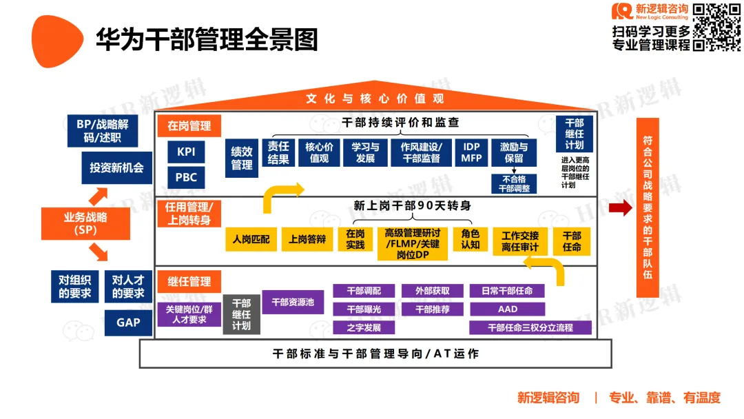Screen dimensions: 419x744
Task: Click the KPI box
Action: [x=186, y=152]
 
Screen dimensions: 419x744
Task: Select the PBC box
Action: [x=186, y=177]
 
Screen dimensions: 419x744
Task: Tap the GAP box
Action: [x=128, y=323]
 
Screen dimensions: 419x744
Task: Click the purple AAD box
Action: [x=507, y=309]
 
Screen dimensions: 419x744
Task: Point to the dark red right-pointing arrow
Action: [x=620, y=208]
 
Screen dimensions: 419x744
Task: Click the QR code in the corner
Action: [x=716, y=27]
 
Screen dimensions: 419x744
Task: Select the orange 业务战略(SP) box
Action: [x=85, y=223]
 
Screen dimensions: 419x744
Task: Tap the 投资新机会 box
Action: [x=116, y=167]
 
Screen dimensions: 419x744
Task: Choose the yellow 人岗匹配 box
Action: [x=251, y=239]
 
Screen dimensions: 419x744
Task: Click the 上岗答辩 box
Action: [x=307, y=239]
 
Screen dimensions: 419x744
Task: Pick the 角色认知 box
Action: [x=470, y=239]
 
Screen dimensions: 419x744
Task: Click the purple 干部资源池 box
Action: [x=293, y=302]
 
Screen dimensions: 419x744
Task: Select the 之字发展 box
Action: [x=364, y=327]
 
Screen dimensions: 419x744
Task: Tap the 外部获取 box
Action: [x=433, y=291]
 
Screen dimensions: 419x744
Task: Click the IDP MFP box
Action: [x=471, y=153]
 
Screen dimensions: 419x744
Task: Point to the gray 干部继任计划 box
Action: [x=241, y=314]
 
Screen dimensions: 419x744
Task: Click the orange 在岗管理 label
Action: [x=189, y=126]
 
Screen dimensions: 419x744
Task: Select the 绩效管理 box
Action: [x=241, y=159]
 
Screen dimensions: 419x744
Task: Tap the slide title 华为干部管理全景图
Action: [x=207, y=40]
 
